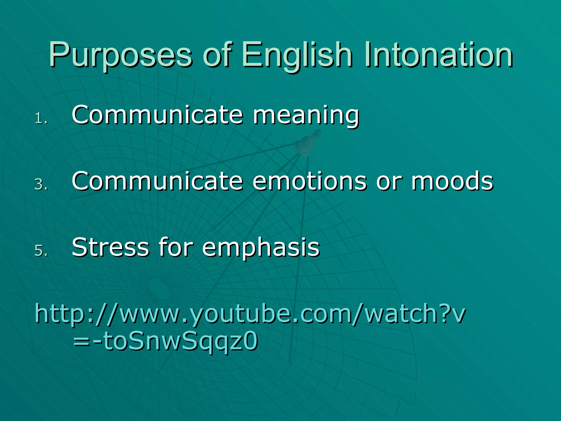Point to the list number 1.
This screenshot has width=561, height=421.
pos(41,119)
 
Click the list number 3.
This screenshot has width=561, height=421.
pos(41,184)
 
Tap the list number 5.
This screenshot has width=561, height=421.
pos(41,251)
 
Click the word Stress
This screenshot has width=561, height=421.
pos(110,247)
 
